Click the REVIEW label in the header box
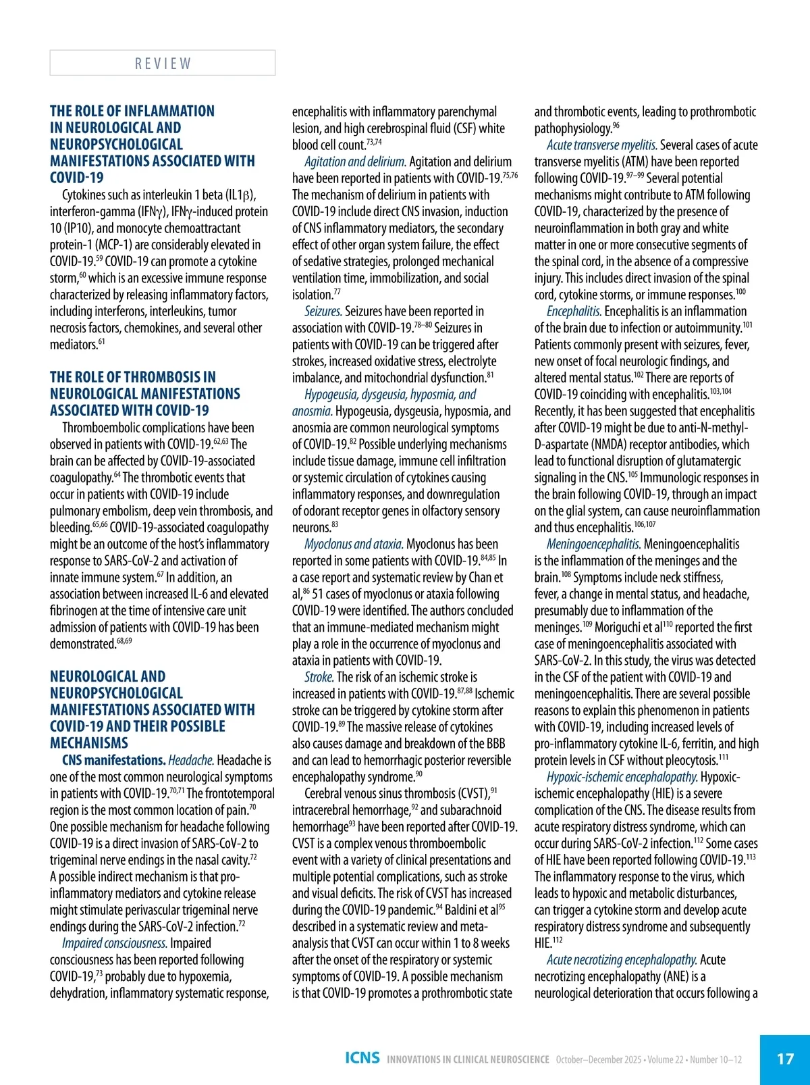click(x=163, y=64)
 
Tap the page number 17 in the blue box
click(x=785, y=1059)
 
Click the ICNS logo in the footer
click(x=362, y=1058)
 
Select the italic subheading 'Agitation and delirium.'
click(x=355, y=162)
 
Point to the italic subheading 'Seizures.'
click(x=323, y=311)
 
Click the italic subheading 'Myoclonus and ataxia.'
click(x=354, y=545)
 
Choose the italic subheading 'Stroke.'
click(x=319, y=678)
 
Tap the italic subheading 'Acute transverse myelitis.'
click(x=601, y=145)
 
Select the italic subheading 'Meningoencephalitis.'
click(x=593, y=545)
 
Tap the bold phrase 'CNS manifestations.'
click(x=113, y=761)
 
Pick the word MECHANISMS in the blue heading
click(x=88, y=743)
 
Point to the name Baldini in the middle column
click(x=463, y=911)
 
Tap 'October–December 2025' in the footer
click(x=598, y=1059)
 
